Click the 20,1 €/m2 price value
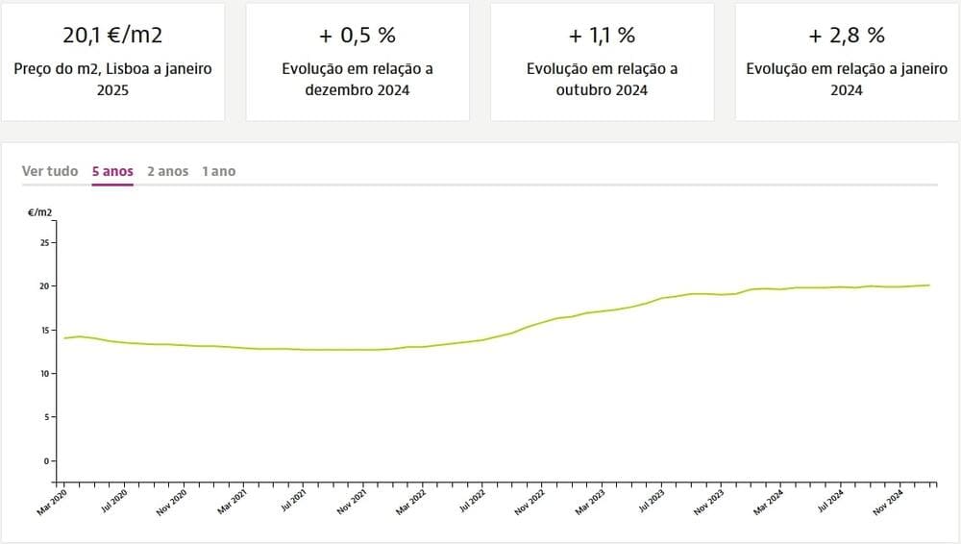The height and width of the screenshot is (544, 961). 112,36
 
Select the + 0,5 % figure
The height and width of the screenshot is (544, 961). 357,36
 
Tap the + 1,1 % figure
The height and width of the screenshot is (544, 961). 603,36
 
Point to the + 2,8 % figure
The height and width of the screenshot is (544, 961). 847,36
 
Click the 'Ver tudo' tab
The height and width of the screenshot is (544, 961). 50,171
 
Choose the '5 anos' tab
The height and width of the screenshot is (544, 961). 112,171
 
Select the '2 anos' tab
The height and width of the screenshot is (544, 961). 167,171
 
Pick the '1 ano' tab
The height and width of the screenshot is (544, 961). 218,171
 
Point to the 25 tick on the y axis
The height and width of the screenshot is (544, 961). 43,243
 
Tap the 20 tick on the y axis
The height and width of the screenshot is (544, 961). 43,286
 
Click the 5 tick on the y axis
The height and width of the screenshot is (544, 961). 46,417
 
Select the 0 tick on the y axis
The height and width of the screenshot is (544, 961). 46,461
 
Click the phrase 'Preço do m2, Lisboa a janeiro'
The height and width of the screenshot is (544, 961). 112,69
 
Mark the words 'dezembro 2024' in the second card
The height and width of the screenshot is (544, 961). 357,90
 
